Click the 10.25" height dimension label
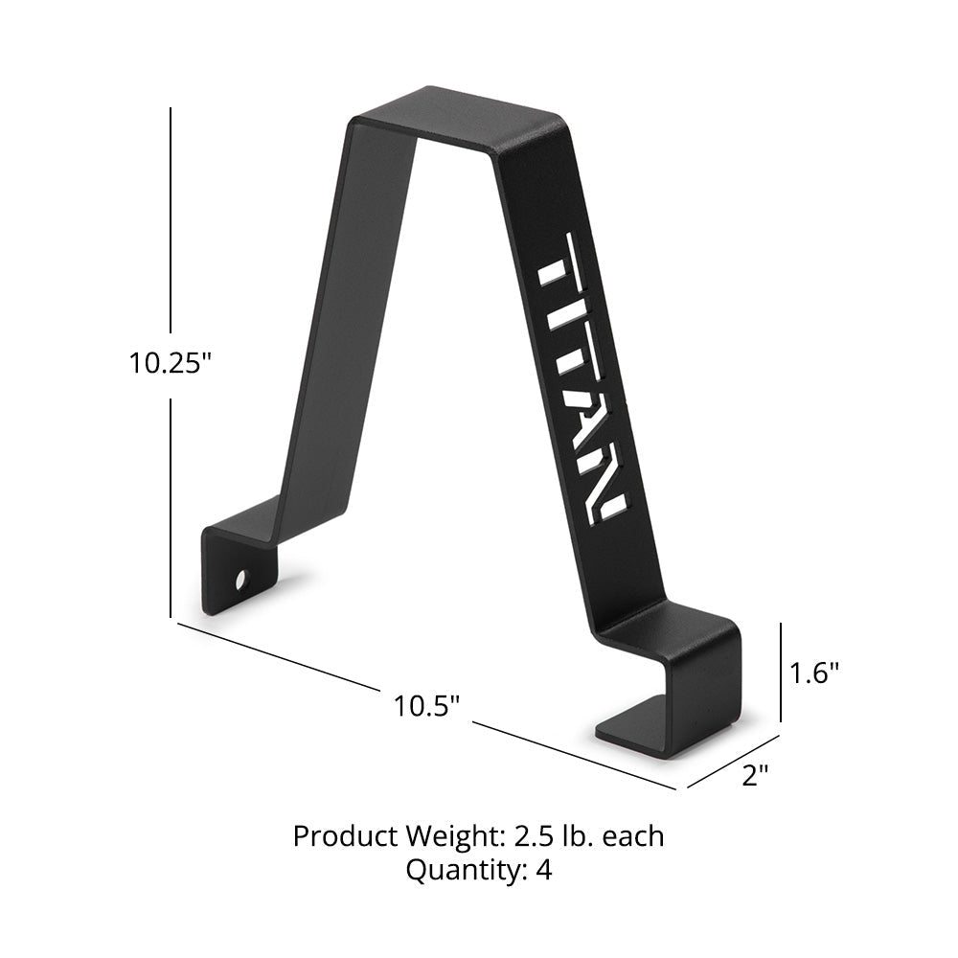[170, 363]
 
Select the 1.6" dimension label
[814, 673]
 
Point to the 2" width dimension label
[756, 775]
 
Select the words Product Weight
[394, 835]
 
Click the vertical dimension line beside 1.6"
[782, 672]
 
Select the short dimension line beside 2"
[733, 763]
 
